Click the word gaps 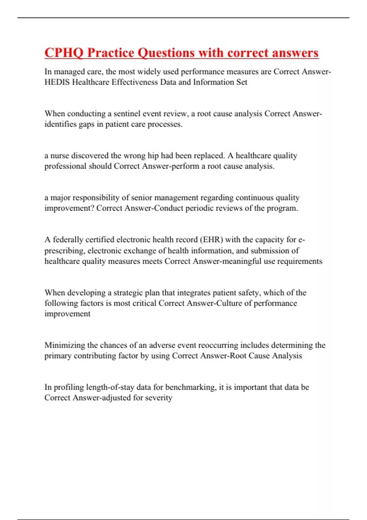pyautogui.click(x=87, y=124)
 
